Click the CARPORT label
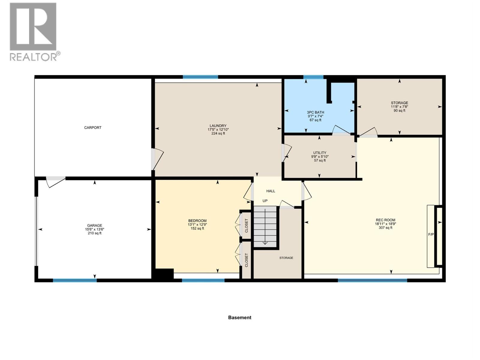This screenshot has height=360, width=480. [x=93, y=127]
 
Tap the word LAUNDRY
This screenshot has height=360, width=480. [x=218, y=126]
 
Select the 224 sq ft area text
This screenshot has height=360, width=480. [x=218, y=133]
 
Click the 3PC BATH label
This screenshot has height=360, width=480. [x=315, y=112]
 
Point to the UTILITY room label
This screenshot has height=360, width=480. [x=319, y=153]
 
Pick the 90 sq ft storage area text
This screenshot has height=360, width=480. [x=399, y=110]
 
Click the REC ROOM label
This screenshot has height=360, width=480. [x=385, y=220]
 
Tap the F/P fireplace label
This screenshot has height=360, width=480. [x=431, y=234]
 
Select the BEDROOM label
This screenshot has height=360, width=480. [x=197, y=221]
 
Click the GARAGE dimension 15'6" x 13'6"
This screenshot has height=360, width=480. [x=94, y=229]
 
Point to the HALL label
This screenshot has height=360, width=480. [x=271, y=191]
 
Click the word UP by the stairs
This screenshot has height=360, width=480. [x=265, y=201]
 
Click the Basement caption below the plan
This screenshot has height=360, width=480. [x=239, y=317]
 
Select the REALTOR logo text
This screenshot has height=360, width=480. [x=35, y=57]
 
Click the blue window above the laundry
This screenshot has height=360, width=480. [x=200, y=77]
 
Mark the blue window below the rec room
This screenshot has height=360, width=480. [x=372, y=280]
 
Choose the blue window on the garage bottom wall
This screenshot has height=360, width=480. [x=75, y=280]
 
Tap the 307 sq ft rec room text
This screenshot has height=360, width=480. [x=385, y=228]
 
